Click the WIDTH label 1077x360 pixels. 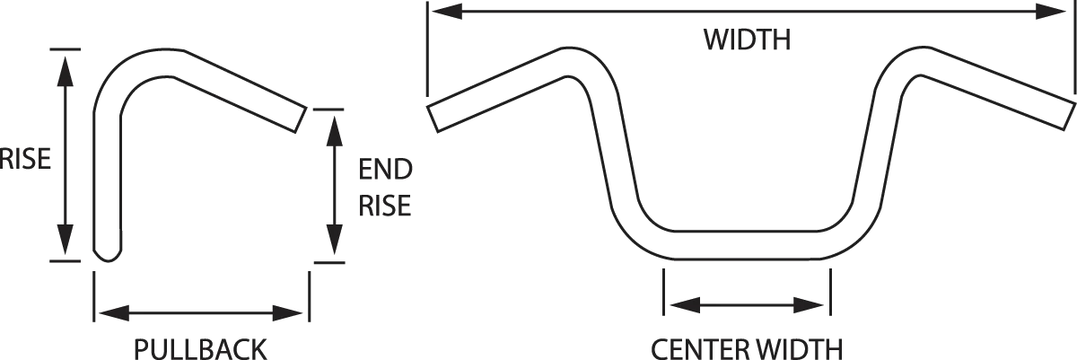click(747, 40)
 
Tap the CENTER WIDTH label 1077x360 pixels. click(747, 349)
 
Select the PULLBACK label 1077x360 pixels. click(200, 349)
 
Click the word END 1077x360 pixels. click(386, 169)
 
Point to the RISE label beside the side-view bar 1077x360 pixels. click(25, 159)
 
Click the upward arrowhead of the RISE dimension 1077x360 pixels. click(65, 71)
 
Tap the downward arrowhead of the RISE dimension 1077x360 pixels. click(65, 240)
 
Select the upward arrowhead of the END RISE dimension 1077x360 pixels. click(334, 131)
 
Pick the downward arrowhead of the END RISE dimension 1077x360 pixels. click(334, 240)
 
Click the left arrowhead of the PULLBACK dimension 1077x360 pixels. click(115, 313)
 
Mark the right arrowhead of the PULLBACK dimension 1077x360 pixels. click(287, 313)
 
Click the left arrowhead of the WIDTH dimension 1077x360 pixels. click(447, 11)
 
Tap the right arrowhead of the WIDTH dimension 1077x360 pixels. click(1052, 11)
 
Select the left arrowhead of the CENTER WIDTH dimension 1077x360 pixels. click(685, 304)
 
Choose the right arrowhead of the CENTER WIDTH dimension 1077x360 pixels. click(809, 304)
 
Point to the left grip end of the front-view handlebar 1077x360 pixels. click(433, 119)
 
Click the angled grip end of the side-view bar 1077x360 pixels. click(301, 119)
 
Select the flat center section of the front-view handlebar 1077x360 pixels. click(747, 245)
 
